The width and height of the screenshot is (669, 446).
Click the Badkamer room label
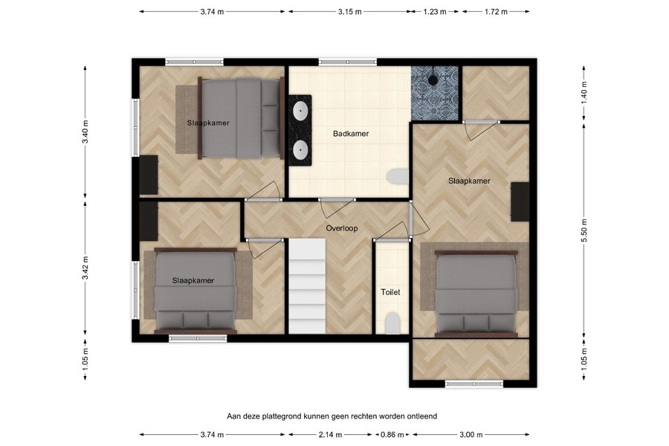(351, 134)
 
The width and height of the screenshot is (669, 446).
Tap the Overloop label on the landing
(342, 228)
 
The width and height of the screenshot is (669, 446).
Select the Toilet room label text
(390, 292)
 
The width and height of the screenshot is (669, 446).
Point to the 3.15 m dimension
(349, 12)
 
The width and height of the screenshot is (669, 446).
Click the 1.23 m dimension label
(435, 12)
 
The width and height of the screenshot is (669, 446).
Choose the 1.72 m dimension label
(495, 12)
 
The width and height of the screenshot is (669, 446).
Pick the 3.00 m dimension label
(470, 435)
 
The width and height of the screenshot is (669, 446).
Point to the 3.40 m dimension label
(85, 131)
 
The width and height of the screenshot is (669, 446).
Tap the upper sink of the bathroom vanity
(300, 111)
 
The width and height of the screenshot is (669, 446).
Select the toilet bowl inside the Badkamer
(398, 176)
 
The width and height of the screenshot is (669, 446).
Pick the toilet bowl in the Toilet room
(392, 323)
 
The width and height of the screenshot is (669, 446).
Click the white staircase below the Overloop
(307, 286)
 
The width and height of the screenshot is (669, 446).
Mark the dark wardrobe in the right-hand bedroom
(520, 201)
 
